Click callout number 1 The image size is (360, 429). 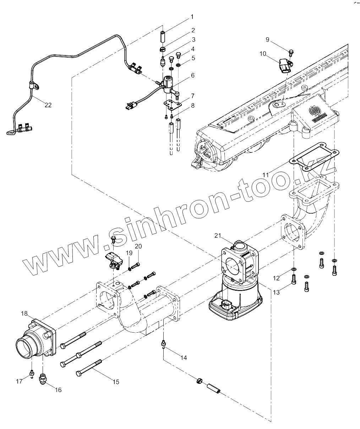[x=192, y=17]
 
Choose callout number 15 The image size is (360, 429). [x=116, y=382]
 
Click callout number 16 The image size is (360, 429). [x=58, y=390]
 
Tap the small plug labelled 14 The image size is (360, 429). [x=163, y=343]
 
